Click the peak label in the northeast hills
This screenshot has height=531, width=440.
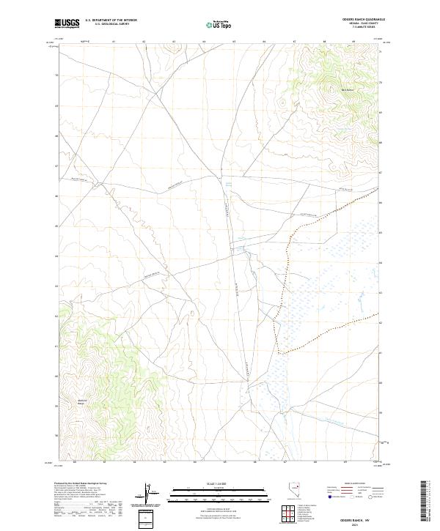pos(326,90)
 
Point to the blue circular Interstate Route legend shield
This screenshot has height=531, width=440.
pos(331,497)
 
